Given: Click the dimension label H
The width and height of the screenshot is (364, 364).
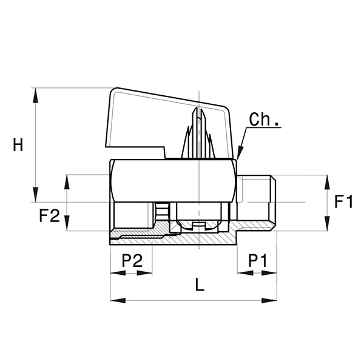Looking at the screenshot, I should (18, 145).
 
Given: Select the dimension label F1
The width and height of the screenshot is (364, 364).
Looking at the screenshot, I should (343, 201).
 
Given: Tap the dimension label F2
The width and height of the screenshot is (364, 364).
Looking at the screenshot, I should (49, 215).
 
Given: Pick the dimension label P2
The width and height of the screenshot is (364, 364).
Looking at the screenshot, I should (132, 261).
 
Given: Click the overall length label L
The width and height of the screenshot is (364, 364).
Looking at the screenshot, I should (200, 285).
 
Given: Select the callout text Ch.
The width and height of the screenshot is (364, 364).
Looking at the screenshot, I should (265, 120).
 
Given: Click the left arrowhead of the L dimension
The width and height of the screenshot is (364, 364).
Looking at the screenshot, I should (115, 300).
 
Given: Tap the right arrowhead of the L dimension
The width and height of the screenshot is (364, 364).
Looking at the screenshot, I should (272, 300).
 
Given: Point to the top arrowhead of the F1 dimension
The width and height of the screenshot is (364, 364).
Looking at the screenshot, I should (326, 180).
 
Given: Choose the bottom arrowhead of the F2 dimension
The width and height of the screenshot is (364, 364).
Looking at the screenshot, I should (67, 226).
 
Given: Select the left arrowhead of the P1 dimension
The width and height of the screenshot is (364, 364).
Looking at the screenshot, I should (242, 273).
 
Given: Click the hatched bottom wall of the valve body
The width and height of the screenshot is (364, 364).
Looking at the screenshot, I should (200, 239).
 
